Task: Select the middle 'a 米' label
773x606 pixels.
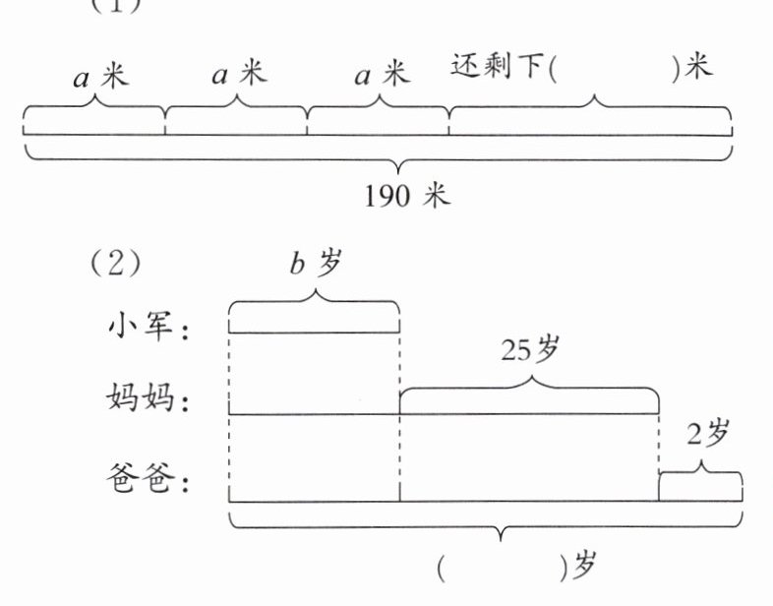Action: (240, 76)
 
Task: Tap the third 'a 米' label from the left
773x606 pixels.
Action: (381, 75)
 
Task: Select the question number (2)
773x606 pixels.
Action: (116, 265)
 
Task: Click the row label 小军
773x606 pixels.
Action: (149, 328)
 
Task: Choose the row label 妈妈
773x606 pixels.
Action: (149, 398)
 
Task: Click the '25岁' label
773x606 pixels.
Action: (530, 352)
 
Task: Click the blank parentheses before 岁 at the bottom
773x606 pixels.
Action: (502, 566)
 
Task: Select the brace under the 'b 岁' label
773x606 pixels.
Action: (315, 306)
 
